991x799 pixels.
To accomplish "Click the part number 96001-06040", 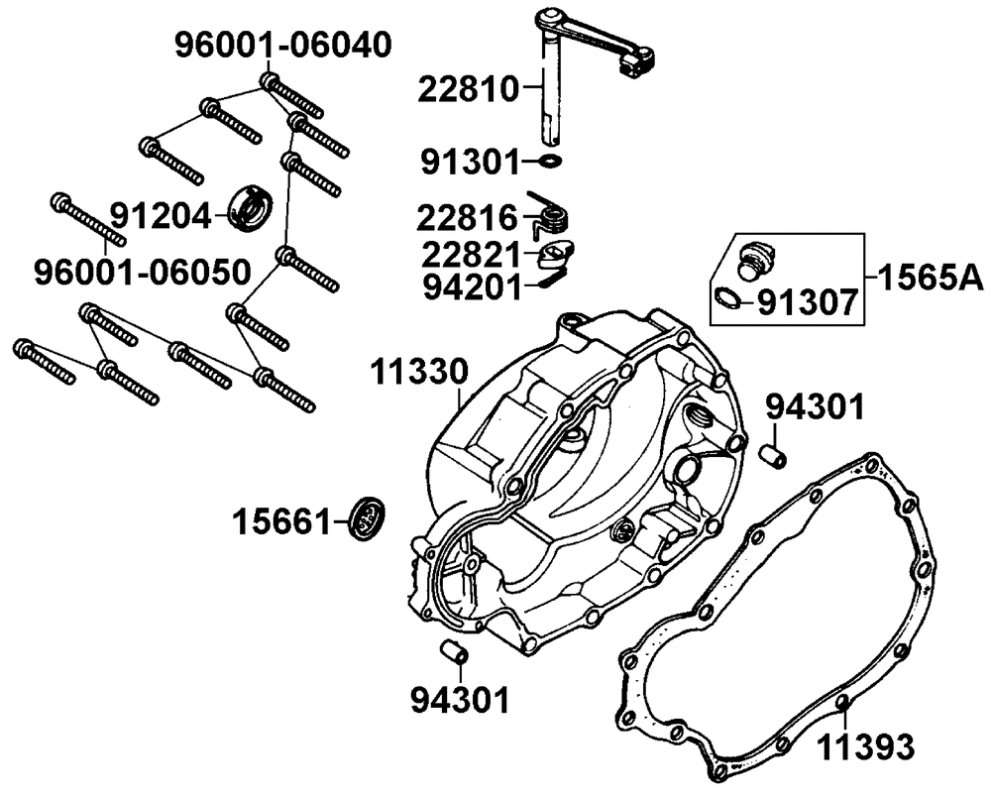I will (283, 45).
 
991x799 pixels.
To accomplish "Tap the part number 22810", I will (468, 89).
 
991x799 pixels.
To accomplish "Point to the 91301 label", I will (468, 160).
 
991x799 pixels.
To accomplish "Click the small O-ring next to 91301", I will (551, 160).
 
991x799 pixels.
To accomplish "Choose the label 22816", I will (468, 216).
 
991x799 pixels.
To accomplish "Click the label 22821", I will (468, 254).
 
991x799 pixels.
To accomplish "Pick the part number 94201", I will (468, 287).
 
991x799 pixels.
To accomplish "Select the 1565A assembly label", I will (929, 275).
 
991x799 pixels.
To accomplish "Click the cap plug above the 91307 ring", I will (757, 260).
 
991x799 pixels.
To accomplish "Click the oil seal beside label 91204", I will (252, 206).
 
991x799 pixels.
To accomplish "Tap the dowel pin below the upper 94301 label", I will (773, 456).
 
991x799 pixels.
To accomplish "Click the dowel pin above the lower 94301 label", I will (454, 652).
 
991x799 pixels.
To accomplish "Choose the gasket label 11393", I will (865, 745).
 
